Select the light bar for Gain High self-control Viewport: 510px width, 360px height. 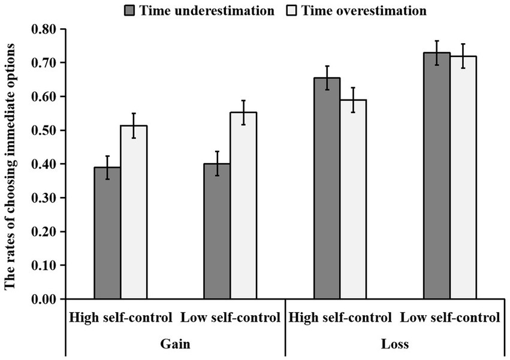(134, 212)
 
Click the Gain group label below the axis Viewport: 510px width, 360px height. (175, 344)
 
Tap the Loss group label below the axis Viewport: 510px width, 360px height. (395, 344)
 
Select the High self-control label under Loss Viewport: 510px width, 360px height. (340, 317)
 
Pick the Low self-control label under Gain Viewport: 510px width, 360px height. (230, 317)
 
